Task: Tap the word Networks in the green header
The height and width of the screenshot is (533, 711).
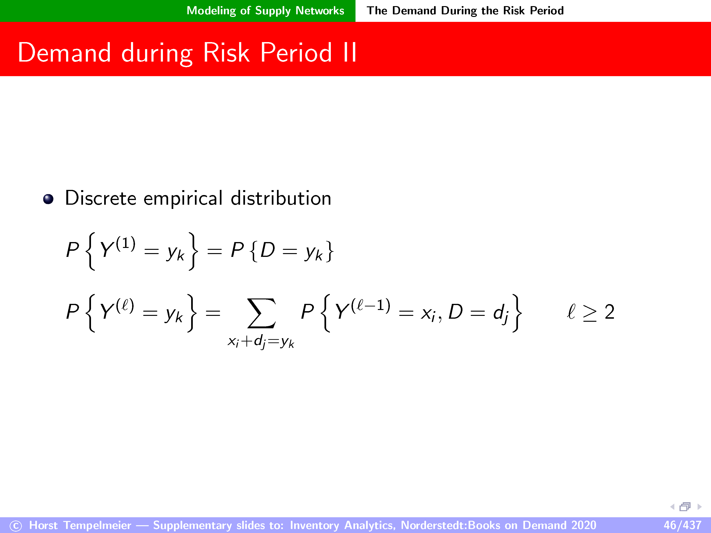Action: tap(320, 11)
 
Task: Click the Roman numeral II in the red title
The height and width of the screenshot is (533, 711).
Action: tap(350, 52)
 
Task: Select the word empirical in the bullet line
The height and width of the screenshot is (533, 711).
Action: tap(183, 199)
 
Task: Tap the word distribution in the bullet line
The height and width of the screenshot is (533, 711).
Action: tap(281, 198)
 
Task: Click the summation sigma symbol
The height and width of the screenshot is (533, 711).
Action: tap(261, 313)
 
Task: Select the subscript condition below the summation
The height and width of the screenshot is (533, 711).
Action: tap(261, 342)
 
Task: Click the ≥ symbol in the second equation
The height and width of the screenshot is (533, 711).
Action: tap(590, 313)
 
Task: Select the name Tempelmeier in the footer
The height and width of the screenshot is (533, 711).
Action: tap(97, 525)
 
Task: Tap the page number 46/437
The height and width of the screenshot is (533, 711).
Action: tap(682, 525)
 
